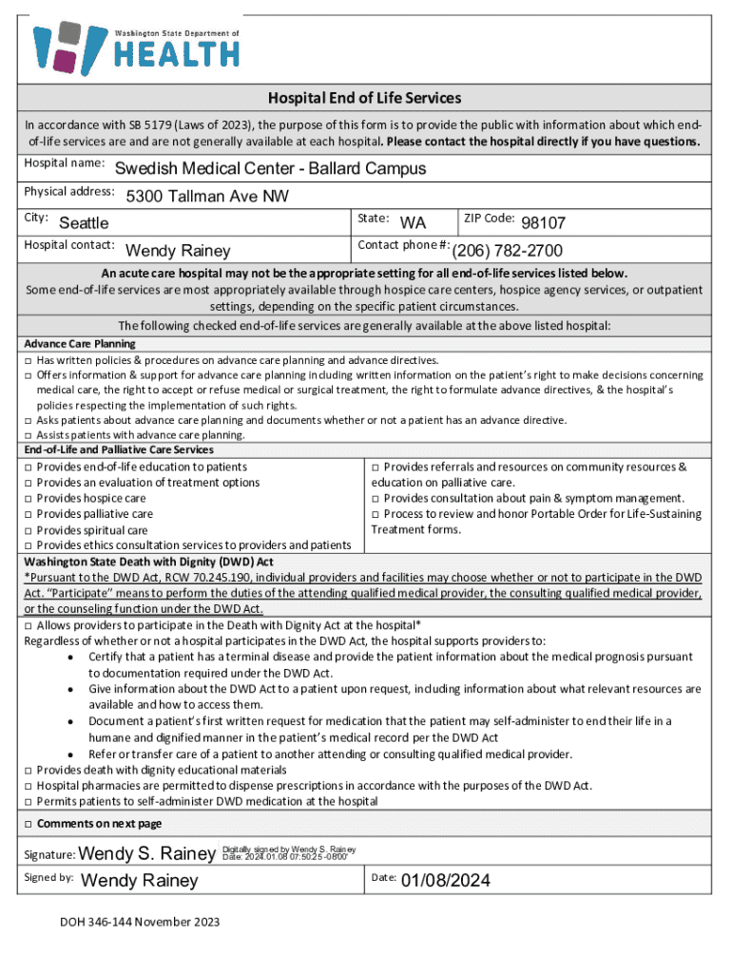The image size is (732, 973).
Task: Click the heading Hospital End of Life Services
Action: tap(365, 98)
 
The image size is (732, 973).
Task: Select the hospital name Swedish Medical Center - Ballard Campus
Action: tap(270, 169)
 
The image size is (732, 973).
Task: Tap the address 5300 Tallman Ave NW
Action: tap(207, 197)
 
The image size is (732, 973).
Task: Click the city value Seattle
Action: tap(84, 223)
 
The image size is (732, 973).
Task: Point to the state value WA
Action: tap(413, 223)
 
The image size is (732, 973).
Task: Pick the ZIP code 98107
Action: tap(543, 223)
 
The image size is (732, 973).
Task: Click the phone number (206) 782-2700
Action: tap(507, 251)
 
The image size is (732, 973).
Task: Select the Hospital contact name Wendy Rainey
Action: tap(178, 251)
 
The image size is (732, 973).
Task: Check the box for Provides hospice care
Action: tap(29, 499)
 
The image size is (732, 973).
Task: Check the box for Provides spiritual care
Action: tap(29, 530)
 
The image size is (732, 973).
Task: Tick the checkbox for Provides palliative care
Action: tap(29, 514)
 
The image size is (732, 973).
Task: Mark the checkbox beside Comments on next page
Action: tap(29, 824)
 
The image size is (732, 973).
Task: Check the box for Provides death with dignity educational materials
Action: tap(29, 770)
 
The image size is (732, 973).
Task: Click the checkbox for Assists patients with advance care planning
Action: tap(29, 435)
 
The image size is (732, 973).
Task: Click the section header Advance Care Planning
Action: tap(80, 343)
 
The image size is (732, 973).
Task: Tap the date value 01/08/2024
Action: tap(445, 881)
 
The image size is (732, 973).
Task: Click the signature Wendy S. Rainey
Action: tap(148, 852)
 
